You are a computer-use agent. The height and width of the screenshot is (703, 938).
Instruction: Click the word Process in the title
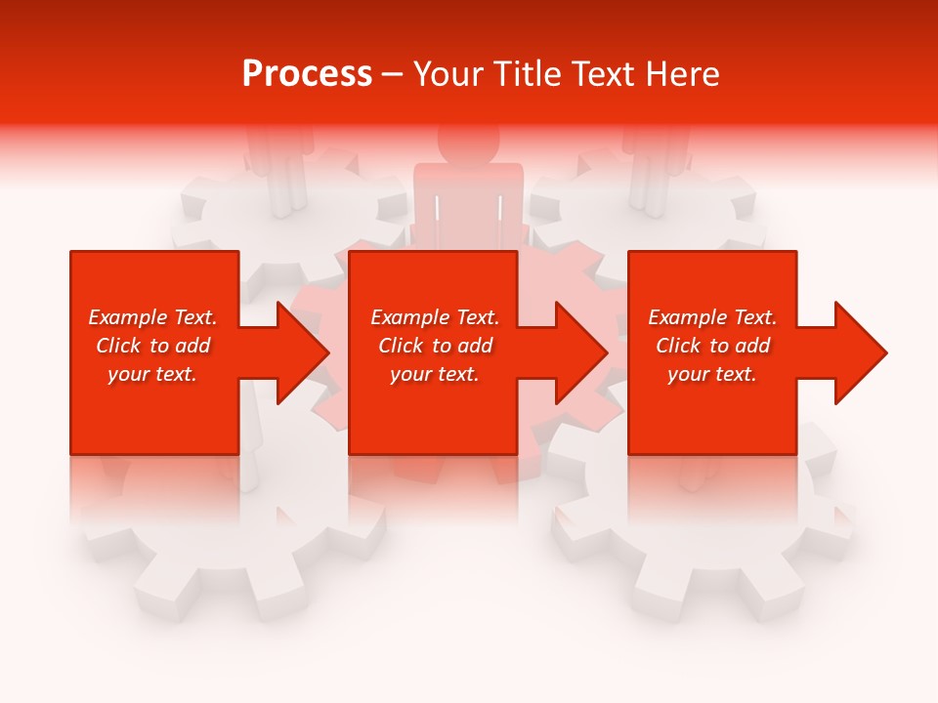coord(307,74)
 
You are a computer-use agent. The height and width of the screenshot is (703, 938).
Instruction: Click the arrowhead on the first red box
coord(299,352)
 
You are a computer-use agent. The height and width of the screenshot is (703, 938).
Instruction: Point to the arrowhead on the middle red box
coord(577,352)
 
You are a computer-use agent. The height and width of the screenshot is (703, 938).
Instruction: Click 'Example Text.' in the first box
coord(152,317)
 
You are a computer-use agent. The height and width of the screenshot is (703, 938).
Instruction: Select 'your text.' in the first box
coord(152,374)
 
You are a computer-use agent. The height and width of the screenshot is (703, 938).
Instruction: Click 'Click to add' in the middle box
coord(435,346)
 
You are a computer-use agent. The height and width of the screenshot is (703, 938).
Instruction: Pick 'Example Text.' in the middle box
coord(435,317)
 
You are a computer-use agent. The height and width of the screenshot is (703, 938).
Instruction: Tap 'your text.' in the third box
coord(712,374)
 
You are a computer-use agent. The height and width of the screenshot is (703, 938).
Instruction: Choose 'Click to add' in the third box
coord(712,346)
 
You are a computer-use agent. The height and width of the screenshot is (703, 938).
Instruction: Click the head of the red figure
coord(468,143)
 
